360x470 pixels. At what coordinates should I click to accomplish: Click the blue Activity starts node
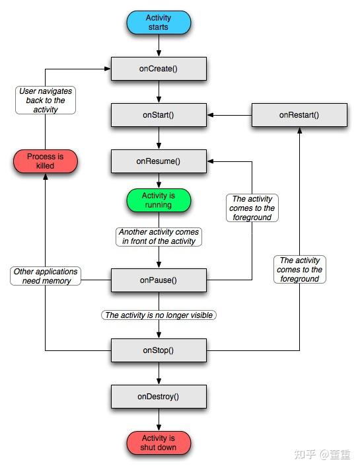click(x=159, y=22)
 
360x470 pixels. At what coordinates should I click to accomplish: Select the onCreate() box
click(x=159, y=68)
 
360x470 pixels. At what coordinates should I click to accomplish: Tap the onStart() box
click(x=159, y=114)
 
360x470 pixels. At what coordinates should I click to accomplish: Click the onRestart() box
click(x=299, y=114)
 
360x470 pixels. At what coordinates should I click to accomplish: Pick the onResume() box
click(x=159, y=161)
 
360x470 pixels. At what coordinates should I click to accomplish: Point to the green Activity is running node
click(x=159, y=200)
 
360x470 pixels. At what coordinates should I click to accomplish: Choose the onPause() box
click(x=159, y=280)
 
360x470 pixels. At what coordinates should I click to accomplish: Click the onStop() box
click(x=159, y=350)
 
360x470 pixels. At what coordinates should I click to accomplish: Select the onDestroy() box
click(x=159, y=397)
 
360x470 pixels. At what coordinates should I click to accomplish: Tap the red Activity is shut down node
click(x=159, y=443)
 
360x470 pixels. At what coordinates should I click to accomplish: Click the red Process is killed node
click(x=46, y=161)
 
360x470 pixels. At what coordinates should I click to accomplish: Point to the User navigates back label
click(x=46, y=100)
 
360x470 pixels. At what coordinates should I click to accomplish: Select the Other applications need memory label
click(x=46, y=276)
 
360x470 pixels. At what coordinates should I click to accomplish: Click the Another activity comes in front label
click(x=159, y=237)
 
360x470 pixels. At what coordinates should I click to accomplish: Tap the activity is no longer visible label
click(x=159, y=315)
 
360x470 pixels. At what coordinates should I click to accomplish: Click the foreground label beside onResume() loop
click(x=252, y=208)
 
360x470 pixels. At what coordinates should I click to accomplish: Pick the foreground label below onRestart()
click(x=299, y=270)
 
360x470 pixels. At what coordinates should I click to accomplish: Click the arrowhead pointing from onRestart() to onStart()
click(x=211, y=114)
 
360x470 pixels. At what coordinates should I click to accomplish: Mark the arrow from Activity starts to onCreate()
click(x=159, y=46)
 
